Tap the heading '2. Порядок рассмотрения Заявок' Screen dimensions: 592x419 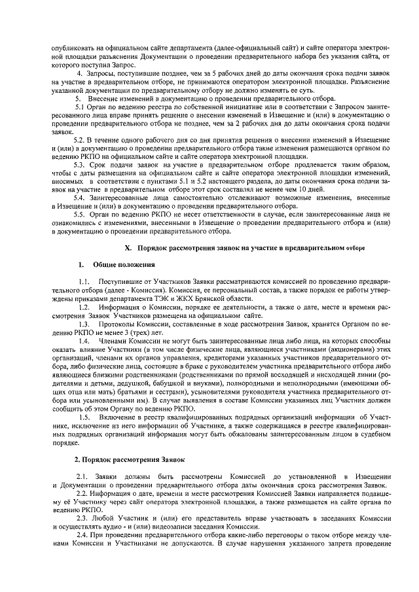(129, 460)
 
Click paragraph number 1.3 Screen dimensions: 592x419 (83, 324)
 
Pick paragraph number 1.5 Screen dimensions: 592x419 (83, 417)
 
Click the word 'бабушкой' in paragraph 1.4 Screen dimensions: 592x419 (167, 383)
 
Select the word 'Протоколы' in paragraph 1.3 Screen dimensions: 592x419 (118, 324)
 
